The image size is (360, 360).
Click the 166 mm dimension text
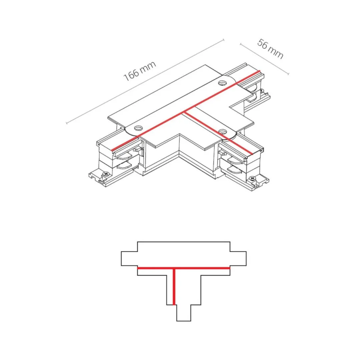(x=140, y=71)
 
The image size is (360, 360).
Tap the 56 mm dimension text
(x=270, y=49)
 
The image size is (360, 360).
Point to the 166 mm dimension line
(x=145, y=82)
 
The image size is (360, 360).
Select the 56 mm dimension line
(x=264, y=59)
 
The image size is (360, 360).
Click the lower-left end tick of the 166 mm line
(x=67, y=123)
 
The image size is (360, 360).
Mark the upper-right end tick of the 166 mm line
(x=224, y=40)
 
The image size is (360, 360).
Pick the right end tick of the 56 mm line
(x=288, y=73)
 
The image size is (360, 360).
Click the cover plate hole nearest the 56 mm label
(x=222, y=83)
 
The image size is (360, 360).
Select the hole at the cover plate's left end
(x=138, y=128)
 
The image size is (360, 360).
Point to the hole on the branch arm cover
(x=222, y=132)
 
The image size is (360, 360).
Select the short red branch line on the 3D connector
(x=218, y=133)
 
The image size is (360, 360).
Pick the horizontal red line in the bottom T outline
(x=184, y=268)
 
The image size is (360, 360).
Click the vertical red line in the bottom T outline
(x=174, y=287)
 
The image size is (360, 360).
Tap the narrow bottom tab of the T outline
(x=184, y=313)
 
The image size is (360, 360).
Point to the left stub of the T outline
(x=129, y=259)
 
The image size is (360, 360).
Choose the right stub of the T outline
(x=238, y=259)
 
